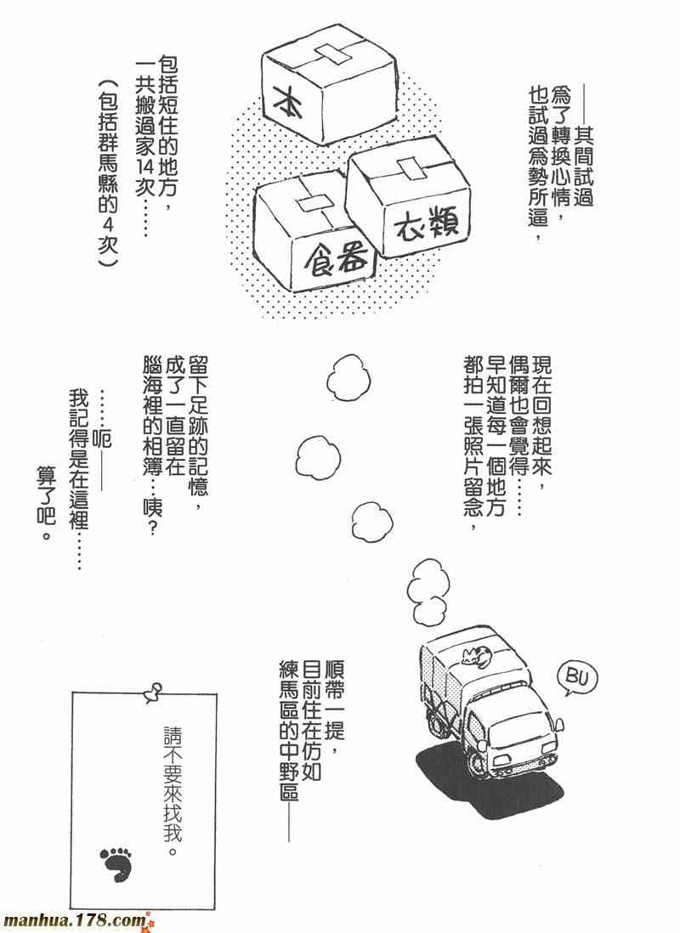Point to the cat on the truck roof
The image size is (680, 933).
pos(479,654)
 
